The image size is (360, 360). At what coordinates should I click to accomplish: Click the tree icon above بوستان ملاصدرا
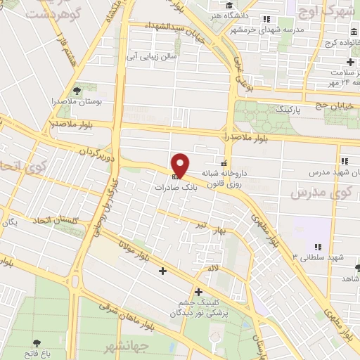pos(77,90)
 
